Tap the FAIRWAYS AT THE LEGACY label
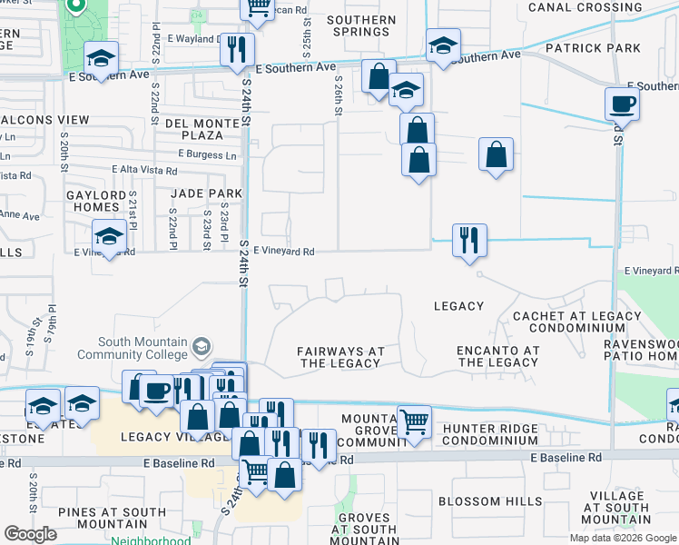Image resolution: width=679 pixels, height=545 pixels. [340, 357]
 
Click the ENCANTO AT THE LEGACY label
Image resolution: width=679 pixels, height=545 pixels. [498, 356]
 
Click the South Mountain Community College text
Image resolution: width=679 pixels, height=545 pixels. [133, 349]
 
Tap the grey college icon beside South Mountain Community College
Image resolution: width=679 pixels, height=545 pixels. [202, 347]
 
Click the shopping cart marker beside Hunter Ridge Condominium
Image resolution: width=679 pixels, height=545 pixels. [414, 421]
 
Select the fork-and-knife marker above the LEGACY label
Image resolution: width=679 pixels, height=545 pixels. [469, 241]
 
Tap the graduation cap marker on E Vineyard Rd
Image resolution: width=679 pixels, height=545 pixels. [109, 239]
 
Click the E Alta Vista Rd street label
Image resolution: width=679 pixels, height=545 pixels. [145, 170]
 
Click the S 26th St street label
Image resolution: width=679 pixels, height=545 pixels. [338, 94]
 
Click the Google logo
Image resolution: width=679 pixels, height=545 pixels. [30, 534]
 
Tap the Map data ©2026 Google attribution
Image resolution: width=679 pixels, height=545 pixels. [622, 538]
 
